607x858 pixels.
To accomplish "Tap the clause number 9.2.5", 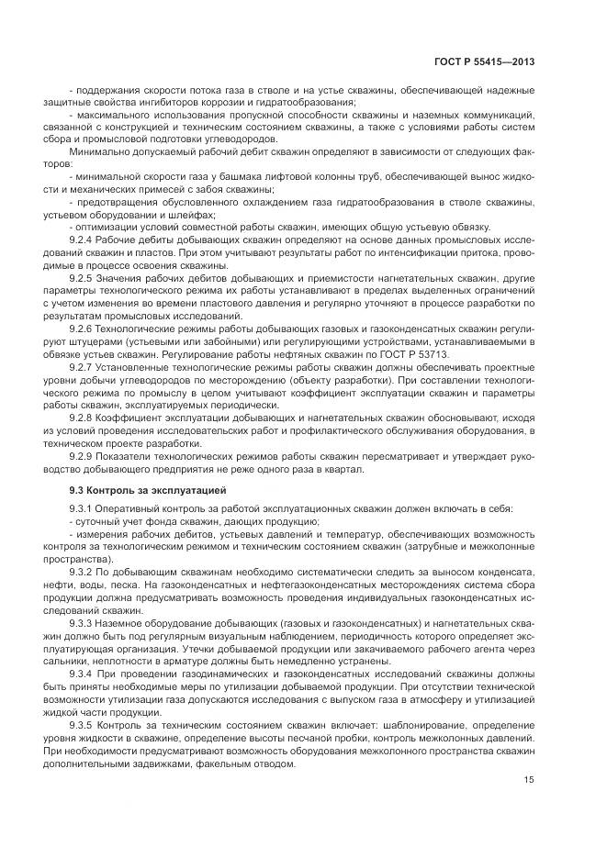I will pyautogui.click(x=84, y=275).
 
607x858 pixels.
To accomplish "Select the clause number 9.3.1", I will pyautogui.click(x=84, y=508).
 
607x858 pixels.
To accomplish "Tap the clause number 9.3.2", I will pyautogui.click(x=84, y=571).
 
